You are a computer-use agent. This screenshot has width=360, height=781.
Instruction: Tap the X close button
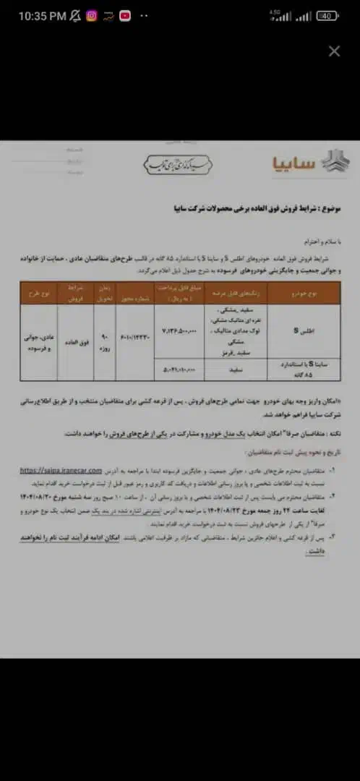click(334, 51)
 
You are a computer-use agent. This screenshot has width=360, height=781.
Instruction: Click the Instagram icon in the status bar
click(92, 15)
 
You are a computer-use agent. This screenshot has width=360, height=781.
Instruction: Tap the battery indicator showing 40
click(327, 16)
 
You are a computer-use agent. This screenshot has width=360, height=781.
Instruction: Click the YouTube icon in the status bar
click(125, 15)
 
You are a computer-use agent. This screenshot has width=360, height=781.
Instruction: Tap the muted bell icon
click(74, 15)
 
